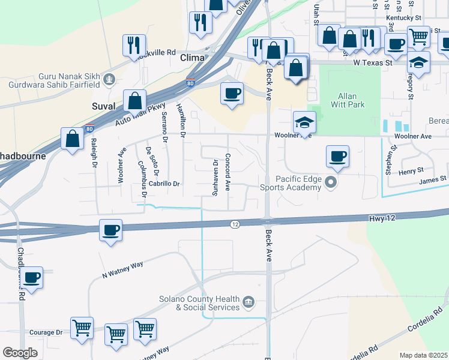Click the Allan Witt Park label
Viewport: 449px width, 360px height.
348,100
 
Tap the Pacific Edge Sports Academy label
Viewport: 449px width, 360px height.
298,183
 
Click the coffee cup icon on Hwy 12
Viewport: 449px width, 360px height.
110,230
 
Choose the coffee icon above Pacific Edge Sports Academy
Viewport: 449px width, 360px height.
337,157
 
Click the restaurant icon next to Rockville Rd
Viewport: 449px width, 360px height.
134,45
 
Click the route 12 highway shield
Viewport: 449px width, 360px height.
235,224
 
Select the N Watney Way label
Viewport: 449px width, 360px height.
122,269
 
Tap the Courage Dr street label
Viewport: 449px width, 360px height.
46,332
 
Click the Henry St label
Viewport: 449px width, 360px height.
411,172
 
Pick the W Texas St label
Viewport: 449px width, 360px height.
372,62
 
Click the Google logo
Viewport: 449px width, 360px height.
20,352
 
